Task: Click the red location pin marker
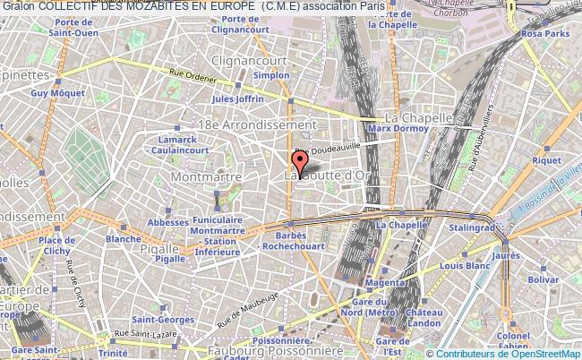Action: (x=300, y=161)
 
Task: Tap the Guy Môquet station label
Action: (x=50, y=92)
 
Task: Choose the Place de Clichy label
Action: (x=56, y=245)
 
